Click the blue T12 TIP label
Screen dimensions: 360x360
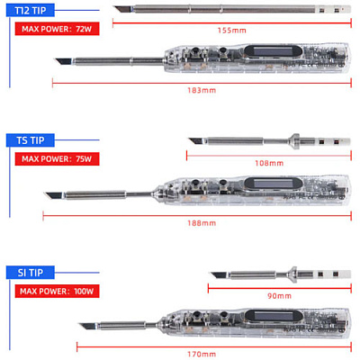coord(31,11)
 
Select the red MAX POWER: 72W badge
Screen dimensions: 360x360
coord(57,29)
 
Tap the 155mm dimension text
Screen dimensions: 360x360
coord(232,31)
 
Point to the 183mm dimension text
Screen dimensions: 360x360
coord(202,90)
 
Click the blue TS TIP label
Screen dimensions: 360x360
coord(31,140)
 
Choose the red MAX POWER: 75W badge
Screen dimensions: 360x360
coord(57,158)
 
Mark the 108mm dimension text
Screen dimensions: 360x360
coord(269,163)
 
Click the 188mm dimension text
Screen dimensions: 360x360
coord(202,223)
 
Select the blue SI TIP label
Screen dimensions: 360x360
coord(31,273)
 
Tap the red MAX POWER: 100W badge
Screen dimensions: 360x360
coord(57,291)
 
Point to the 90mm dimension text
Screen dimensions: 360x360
coord(279,296)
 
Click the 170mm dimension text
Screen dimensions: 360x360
coord(202,355)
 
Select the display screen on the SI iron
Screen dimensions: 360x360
coord(273,316)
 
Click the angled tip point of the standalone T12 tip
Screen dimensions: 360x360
coord(115,7)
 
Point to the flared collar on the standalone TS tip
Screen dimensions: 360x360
coord(295,141)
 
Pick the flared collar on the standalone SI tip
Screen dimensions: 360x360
coord(293,274)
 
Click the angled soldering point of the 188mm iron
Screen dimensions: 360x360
coord(45,193)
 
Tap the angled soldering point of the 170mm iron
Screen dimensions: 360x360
coord(79,324)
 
